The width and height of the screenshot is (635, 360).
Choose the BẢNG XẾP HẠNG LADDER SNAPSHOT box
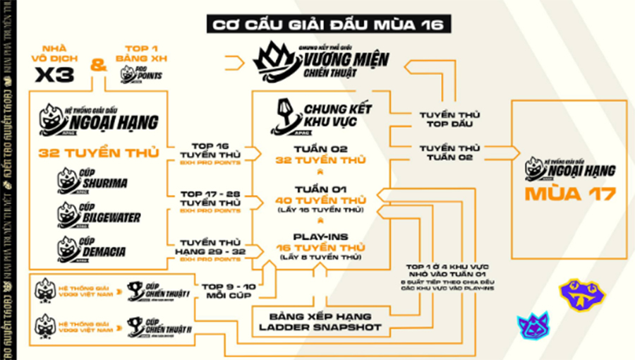pos(321,322)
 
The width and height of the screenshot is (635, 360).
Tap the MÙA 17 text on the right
pos(569,193)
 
